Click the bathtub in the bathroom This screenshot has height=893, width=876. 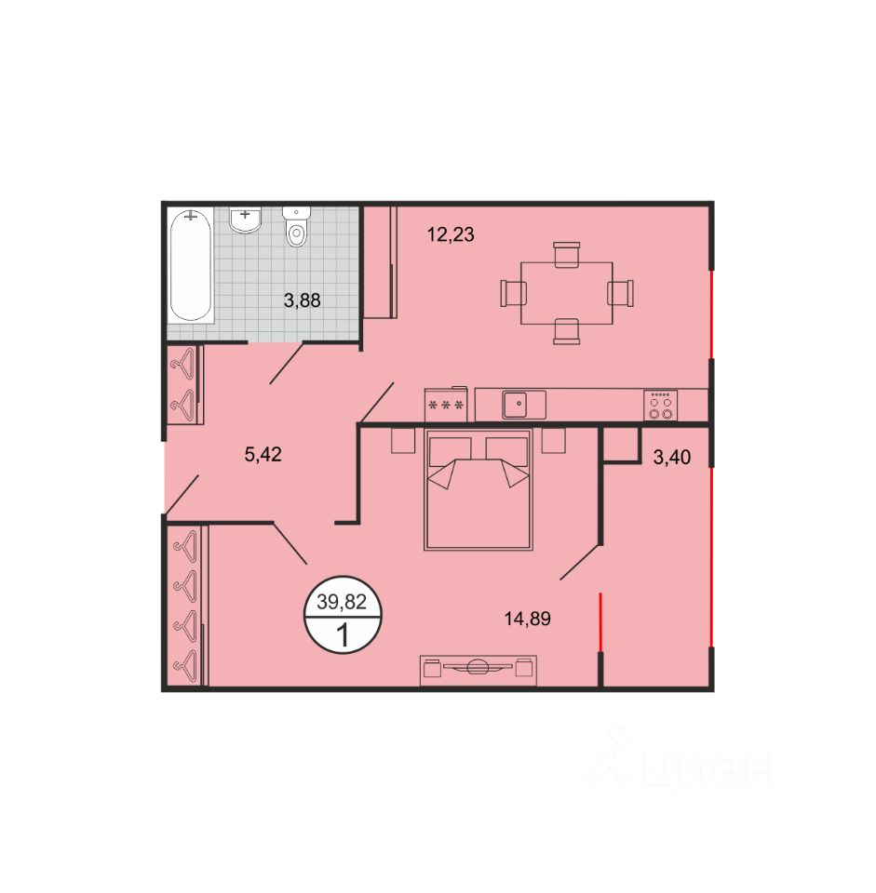point(190,265)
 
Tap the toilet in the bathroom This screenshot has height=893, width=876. point(296,226)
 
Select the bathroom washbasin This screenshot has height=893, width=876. point(245,220)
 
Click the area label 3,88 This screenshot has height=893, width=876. point(302,300)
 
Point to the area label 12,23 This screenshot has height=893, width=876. point(451,234)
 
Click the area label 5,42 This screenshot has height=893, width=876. point(263,455)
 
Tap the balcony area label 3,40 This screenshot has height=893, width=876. point(672,457)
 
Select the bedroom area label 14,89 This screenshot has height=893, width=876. point(528,619)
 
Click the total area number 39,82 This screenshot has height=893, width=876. point(342,602)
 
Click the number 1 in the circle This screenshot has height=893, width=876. point(344,635)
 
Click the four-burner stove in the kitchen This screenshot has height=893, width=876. point(661,406)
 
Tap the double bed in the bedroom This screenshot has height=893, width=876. point(478,490)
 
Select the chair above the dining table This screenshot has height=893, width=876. point(567,254)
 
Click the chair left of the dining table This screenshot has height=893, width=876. point(513,293)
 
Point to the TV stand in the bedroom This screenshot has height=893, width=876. point(478,671)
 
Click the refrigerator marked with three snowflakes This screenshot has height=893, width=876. point(446,405)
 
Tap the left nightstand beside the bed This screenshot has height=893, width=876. point(403,440)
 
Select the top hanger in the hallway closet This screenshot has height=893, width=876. point(183,364)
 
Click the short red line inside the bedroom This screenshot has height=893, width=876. point(600,621)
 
